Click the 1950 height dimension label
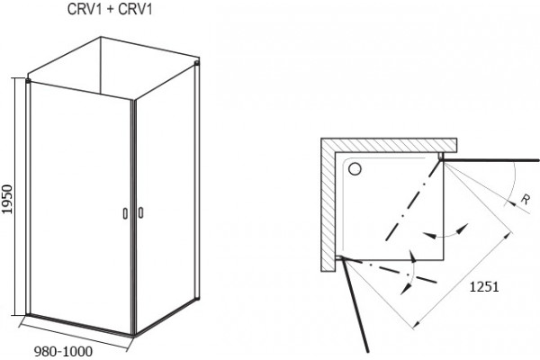(7, 199)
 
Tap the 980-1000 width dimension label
(63, 351)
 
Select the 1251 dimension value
(484, 286)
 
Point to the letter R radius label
(526, 199)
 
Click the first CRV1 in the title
(85, 9)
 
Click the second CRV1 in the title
(135, 9)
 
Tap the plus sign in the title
(110, 10)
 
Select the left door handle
(125, 213)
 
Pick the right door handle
(140, 212)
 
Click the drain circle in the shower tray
(355, 169)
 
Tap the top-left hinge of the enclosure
(28, 81)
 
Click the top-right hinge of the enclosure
(196, 63)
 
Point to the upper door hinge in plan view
(440, 157)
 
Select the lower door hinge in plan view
(339, 257)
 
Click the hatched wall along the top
(389, 145)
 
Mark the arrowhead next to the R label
(512, 203)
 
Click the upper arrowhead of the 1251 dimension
(508, 236)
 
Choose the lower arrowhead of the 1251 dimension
(417, 323)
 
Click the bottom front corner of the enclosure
(133, 335)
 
